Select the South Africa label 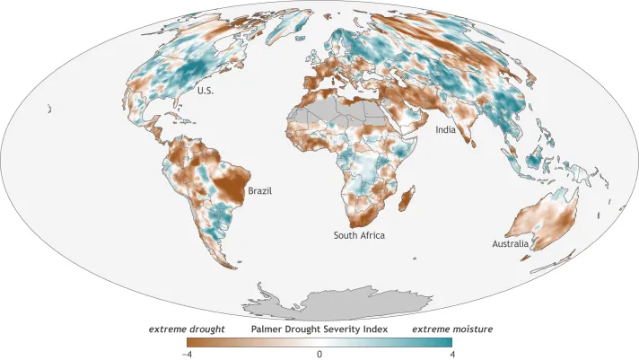(360, 235)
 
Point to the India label (446, 130)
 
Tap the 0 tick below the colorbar (319, 355)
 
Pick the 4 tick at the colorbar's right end (452, 355)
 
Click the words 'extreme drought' (186, 329)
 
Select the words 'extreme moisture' (452, 329)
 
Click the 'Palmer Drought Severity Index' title (319, 329)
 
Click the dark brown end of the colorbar (192, 342)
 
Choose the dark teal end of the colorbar (448, 342)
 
